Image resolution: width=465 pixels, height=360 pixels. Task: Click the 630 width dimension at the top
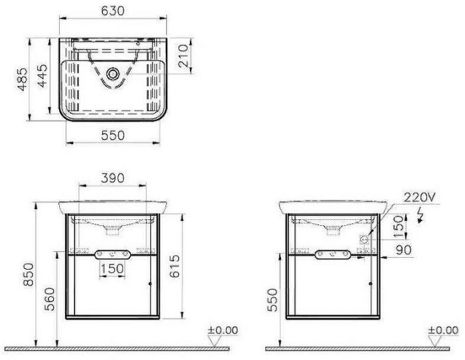tap(113, 11)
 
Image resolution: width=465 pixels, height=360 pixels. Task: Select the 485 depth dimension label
tap(22, 79)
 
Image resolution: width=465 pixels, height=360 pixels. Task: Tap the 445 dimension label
tap(43, 76)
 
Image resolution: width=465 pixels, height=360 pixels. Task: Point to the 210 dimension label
tap(183, 55)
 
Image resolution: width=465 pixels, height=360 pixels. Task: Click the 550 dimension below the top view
tap(113, 135)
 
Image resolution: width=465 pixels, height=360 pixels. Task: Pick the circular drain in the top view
tap(113, 74)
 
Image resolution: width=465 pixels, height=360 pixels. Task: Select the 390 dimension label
tap(113, 178)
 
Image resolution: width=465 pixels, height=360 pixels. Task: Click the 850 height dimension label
tap(29, 274)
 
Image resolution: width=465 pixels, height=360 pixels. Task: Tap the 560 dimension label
tap(50, 299)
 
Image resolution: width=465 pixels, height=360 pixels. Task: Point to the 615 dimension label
tap(175, 266)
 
